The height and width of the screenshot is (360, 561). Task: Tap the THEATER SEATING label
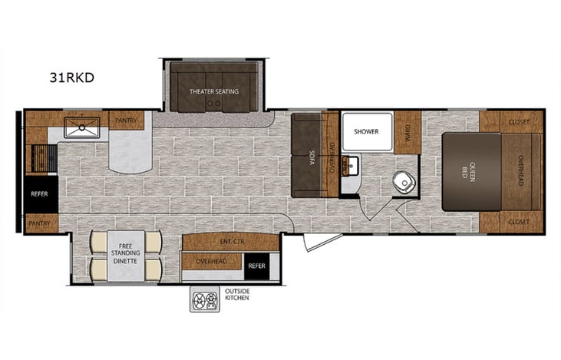click(x=214, y=91)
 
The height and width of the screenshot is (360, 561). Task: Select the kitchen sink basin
click(x=81, y=128)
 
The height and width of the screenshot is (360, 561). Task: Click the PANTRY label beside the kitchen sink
click(x=125, y=121)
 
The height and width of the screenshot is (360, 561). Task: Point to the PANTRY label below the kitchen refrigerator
click(x=41, y=224)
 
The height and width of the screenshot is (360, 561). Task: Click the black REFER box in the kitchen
click(x=40, y=194)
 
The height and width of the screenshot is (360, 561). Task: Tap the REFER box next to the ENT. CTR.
click(x=258, y=267)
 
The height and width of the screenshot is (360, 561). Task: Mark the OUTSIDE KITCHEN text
click(x=237, y=296)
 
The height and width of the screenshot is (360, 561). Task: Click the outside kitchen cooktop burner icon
click(x=205, y=298)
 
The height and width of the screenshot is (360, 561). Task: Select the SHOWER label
click(x=366, y=131)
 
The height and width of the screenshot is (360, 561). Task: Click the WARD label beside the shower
click(x=408, y=131)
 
